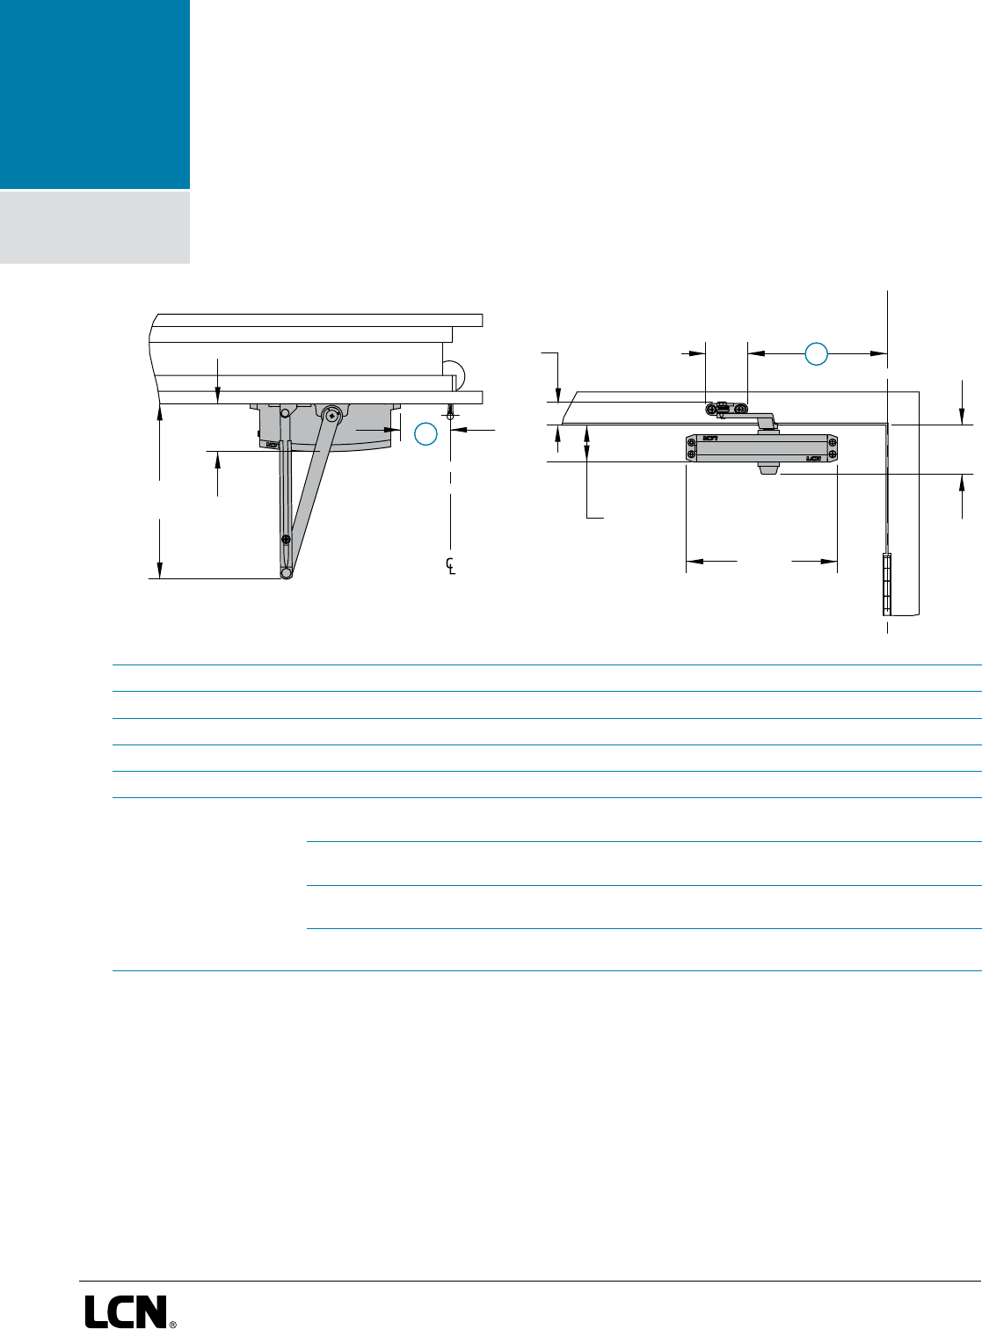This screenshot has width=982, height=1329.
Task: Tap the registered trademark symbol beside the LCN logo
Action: (172, 1322)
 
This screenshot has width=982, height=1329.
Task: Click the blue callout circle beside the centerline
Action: (426, 433)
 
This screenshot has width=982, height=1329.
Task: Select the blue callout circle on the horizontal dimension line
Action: (817, 354)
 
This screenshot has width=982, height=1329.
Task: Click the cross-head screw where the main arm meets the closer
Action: (331, 414)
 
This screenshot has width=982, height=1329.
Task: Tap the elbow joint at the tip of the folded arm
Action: (287, 574)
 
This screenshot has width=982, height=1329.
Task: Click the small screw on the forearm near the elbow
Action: (285, 539)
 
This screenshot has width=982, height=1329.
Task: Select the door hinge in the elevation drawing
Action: (887, 584)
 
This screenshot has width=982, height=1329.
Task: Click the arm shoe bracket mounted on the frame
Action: (726, 408)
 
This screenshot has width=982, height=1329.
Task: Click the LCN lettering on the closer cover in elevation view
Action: (813, 458)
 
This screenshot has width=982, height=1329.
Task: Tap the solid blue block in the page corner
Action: (94, 94)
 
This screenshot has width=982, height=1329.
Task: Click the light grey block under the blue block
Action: (94, 227)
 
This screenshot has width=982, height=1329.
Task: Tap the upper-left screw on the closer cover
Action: (692, 440)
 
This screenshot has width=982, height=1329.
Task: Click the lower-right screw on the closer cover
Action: (832, 454)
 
